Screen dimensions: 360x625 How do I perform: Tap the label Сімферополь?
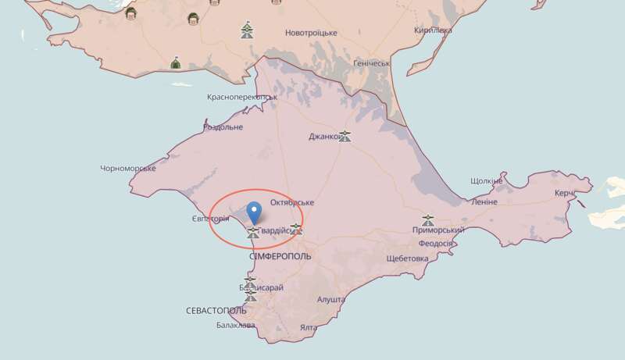pyautogui.click(x=280, y=256)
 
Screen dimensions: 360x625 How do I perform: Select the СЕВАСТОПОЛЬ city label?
pyautogui.click(x=216, y=311)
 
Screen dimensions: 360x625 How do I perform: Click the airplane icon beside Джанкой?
pyautogui.click(x=345, y=136)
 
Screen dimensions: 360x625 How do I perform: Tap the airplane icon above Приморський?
pyautogui.click(x=428, y=219)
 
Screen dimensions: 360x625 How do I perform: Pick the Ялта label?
pyautogui.click(x=307, y=328)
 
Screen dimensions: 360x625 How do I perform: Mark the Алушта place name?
pyautogui.click(x=331, y=299)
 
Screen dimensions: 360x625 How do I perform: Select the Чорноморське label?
pyautogui.click(x=128, y=168)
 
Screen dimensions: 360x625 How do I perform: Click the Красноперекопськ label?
pyautogui.click(x=242, y=98)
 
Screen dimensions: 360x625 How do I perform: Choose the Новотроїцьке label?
pyautogui.click(x=311, y=33)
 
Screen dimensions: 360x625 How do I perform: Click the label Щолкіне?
pyautogui.click(x=487, y=180)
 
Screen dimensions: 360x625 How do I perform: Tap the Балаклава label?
pyautogui.click(x=235, y=325)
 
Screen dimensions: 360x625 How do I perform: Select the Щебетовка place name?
pyautogui.click(x=407, y=258)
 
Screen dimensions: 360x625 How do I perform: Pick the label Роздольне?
pyautogui.click(x=223, y=127)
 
